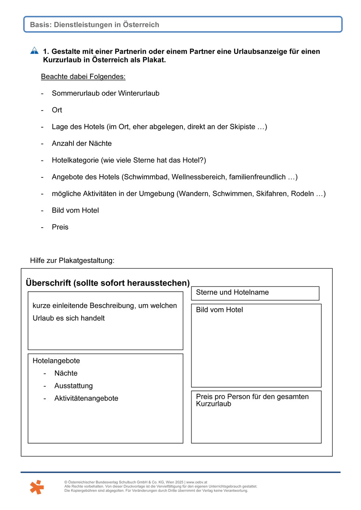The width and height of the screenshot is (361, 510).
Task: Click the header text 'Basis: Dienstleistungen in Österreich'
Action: (x=95, y=25)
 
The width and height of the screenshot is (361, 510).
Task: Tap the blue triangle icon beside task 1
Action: (x=34, y=51)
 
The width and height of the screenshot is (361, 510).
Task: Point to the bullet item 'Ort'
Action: (x=57, y=110)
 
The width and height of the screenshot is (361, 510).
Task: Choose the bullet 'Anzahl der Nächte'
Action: (x=82, y=143)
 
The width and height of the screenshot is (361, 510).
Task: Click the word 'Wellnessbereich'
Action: (x=200, y=177)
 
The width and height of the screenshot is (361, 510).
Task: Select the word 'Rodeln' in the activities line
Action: (x=303, y=194)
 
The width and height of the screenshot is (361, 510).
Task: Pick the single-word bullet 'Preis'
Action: (x=60, y=227)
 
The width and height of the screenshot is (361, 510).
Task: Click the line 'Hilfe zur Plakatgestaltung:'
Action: (x=72, y=260)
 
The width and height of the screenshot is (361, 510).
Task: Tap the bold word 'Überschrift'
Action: (x=49, y=282)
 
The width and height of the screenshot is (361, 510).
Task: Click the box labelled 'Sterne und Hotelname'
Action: (x=255, y=293)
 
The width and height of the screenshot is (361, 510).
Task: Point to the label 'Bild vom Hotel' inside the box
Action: (x=219, y=310)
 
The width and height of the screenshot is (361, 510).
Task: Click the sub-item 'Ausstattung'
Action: (x=73, y=386)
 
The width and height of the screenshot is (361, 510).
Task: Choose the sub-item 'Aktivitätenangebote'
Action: (x=86, y=398)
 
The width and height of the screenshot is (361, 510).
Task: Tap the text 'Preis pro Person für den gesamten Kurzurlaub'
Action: (x=252, y=400)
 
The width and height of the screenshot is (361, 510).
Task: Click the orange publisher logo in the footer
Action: (x=37, y=487)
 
